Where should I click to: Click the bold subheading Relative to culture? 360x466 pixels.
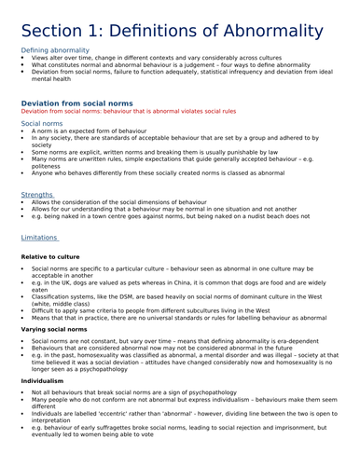[x=50, y=256]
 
